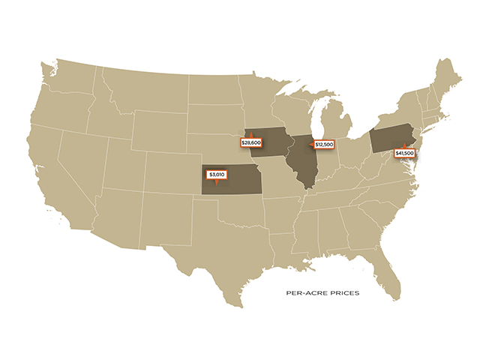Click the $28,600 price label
(x=250, y=142)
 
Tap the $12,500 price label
(x=324, y=144)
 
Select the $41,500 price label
(x=405, y=153)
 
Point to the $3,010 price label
(x=217, y=174)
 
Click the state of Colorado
(x=169, y=169)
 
